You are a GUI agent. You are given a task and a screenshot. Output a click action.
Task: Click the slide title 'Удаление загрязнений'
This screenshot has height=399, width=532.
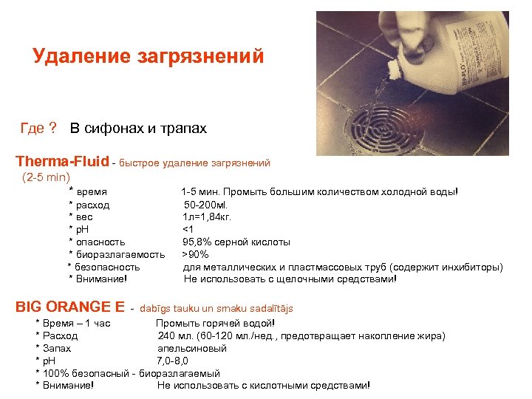point(148,57)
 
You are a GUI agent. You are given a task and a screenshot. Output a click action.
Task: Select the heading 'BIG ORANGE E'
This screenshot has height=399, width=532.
point(70,307)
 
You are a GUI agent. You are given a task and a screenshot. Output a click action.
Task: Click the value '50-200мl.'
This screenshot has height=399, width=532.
point(207,204)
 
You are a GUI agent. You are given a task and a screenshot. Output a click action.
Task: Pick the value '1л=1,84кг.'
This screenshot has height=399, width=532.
point(208,216)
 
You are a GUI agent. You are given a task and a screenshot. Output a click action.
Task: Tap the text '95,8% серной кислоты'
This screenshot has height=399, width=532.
point(236,242)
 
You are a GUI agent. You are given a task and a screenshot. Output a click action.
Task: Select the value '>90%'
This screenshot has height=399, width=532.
point(196,254)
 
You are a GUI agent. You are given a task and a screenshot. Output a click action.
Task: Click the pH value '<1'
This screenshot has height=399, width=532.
point(188,229)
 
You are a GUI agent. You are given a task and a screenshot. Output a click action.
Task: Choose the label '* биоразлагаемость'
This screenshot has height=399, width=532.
point(116,254)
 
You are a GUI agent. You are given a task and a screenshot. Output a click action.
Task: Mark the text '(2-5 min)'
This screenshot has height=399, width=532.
point(46,177)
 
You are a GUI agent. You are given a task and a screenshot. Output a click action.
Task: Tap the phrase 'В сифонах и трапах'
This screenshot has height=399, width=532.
point(138,129)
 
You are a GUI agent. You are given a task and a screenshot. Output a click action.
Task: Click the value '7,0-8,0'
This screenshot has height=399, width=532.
point(172,361)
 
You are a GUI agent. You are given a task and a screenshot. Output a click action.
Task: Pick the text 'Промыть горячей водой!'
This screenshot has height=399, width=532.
point(215,323)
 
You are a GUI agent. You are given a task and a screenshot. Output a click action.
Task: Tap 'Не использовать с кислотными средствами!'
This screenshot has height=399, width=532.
point(263,385)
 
